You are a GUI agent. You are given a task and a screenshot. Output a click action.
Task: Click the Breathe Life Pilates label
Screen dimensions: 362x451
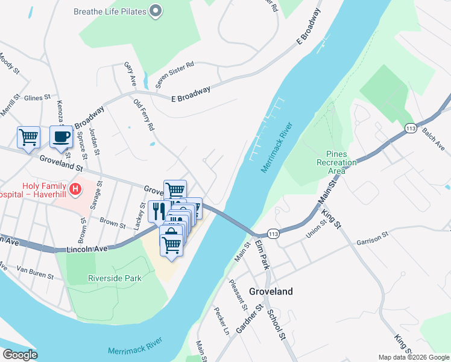(110, 11)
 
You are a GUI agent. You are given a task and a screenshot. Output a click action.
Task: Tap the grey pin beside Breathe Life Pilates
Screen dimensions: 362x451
(156, 11)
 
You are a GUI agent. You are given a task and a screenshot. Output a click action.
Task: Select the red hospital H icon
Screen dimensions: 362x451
(75, 189)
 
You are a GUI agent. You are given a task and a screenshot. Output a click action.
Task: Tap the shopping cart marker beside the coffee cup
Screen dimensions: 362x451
(28, 138)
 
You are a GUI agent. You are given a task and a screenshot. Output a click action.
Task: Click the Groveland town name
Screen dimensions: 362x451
(271, 291)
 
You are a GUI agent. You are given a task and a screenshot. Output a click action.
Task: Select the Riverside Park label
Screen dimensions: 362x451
(115, 278)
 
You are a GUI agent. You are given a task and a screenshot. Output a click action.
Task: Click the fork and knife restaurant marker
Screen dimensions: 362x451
(159, 211)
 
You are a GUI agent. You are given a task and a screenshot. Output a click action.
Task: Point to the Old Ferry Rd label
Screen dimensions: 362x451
(144, 115)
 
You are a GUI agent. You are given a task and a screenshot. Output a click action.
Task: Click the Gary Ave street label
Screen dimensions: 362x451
(130, 73)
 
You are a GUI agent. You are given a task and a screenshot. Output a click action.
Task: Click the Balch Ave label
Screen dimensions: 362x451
(433, 139)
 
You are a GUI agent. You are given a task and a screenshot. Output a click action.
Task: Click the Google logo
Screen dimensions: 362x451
(20, 355)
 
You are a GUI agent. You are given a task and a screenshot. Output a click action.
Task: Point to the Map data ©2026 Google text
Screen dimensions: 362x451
(413, 357)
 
